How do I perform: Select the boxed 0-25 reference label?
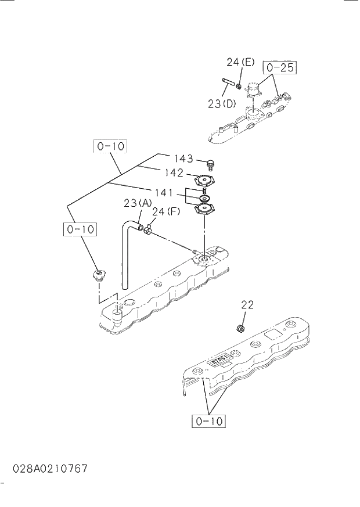pos(279,68)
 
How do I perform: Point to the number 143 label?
pos(183,159)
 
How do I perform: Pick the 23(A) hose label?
pos(138,203)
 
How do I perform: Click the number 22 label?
pos(247,304)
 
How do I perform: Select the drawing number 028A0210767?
pos(51,468)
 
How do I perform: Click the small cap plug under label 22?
pos(237,330)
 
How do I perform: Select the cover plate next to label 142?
pos(204,180)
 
